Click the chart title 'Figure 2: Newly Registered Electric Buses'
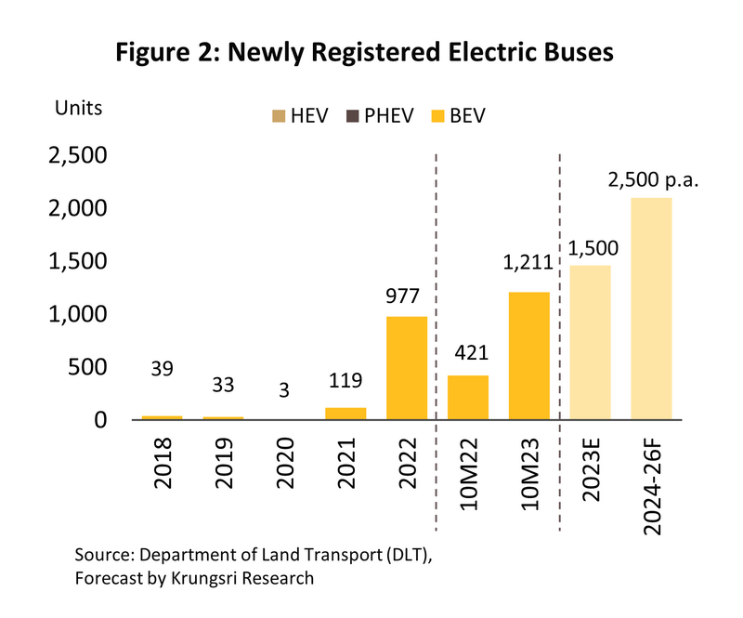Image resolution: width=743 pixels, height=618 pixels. (x=365, y=54)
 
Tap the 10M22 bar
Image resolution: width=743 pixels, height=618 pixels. (x=468, y=397)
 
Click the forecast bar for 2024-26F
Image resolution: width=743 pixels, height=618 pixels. (x=651, y=309)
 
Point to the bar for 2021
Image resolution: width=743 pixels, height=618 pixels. (x=345, y=414)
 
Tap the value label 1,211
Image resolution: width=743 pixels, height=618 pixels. (x=528, y=263)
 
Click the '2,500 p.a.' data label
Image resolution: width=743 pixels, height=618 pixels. (x=652, y=179)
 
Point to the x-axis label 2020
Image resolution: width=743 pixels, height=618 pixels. (x=284, y=470)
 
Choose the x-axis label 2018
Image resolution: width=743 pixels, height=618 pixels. (x=163, y=470)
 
